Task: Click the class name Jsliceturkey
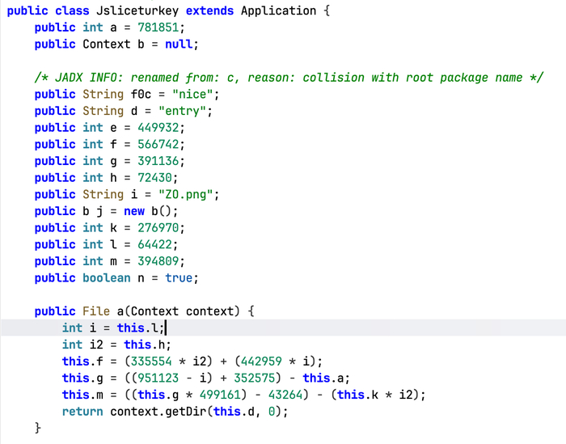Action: coord(137,11)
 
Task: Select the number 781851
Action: coord(158,27)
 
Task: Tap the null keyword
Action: coord(179,44)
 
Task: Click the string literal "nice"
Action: coord(192,94)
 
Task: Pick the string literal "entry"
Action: coord(183,111)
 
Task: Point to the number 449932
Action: coord(158,128)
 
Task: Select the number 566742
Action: coord(158,144)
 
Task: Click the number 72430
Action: coord(155,178)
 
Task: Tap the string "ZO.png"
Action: coord(186,194)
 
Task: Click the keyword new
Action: coord(134,211)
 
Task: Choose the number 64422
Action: coord(155,244)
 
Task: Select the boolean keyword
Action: coord(107,277)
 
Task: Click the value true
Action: coord(179,277)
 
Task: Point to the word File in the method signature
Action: coord(96,311)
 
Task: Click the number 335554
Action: coord(151,361)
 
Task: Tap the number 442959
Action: coord(261,361)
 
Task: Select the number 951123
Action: coord(158,378)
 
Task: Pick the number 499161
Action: coord(220,394)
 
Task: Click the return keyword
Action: coord(82,411)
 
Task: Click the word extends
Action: coord(209,11)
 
